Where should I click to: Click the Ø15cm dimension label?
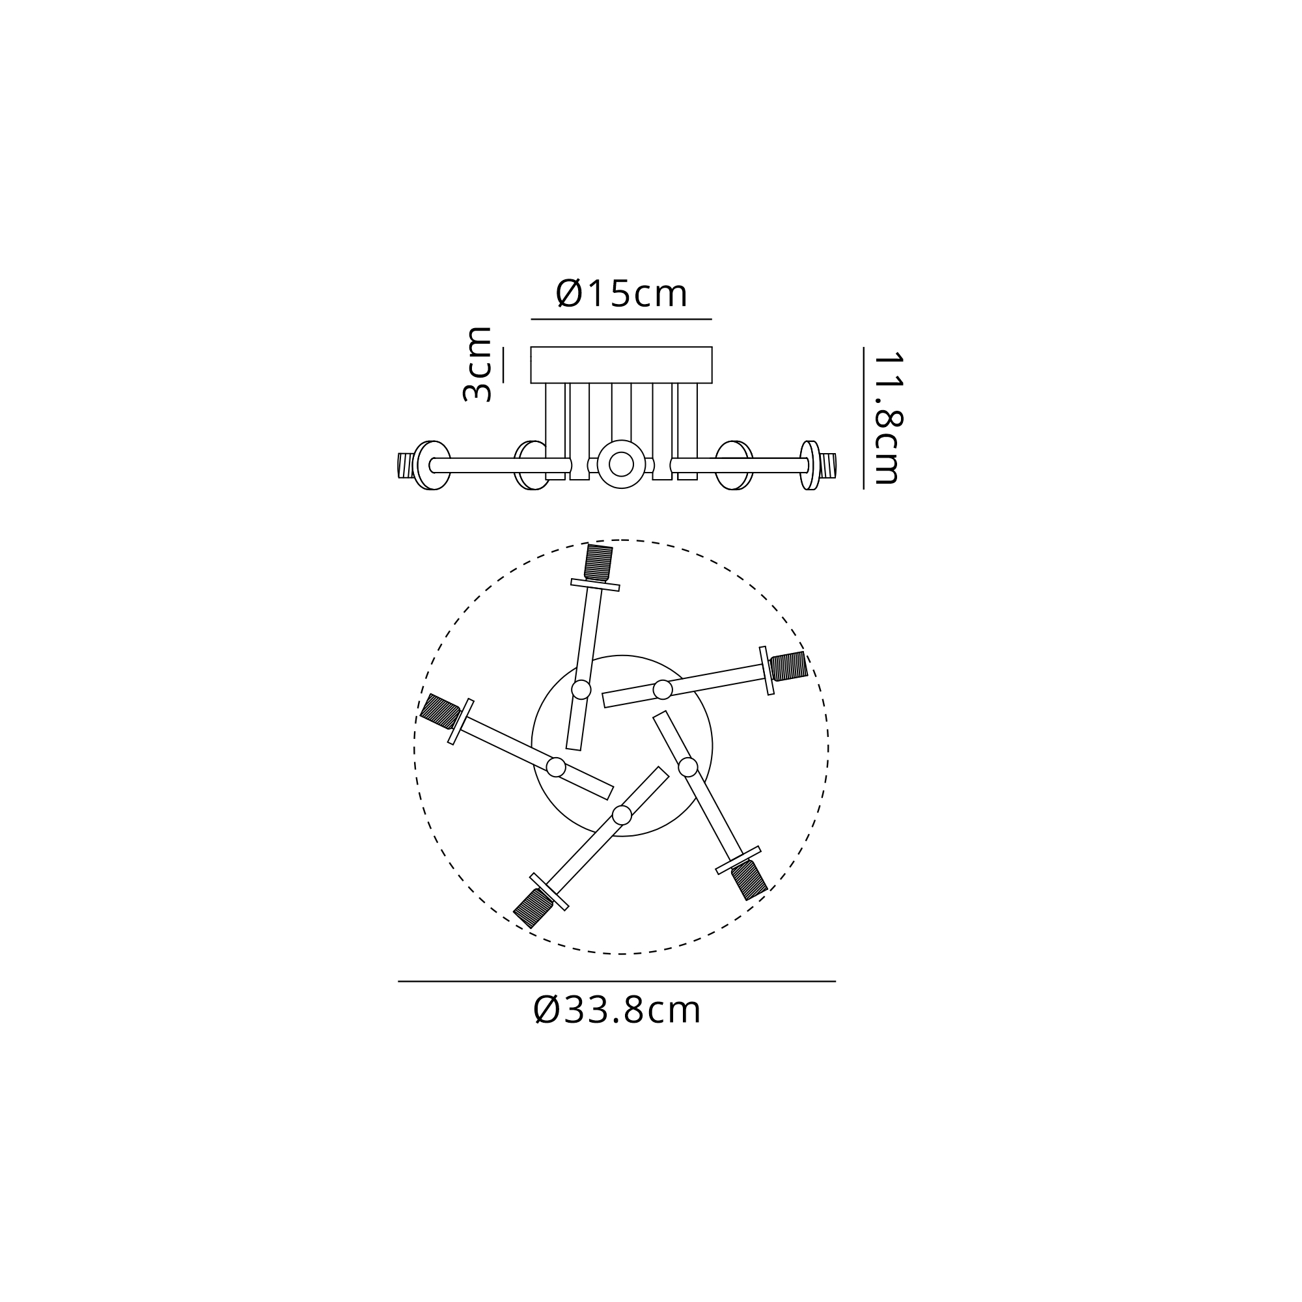[621, 294]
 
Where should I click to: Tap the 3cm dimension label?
[477, 364]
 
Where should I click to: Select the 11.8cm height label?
[887, 418]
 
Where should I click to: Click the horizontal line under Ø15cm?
[621, 319]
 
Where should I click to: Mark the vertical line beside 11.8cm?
[863, 418]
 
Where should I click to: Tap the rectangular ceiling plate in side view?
[621, 365]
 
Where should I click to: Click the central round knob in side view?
[620, 464]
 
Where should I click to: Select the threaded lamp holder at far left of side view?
[406, 465]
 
